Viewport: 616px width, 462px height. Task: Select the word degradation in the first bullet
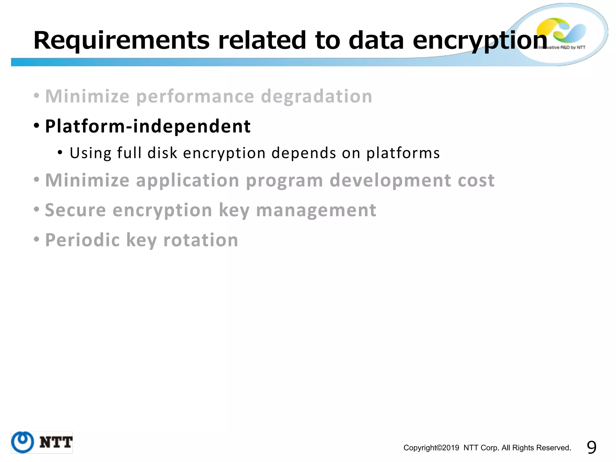[316, 97]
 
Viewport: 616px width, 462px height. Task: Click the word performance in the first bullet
[195, 97]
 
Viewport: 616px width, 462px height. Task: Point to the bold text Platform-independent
[148, 126]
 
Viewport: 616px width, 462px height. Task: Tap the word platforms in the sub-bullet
[403, 153]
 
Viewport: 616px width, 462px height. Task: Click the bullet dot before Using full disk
[60, 152]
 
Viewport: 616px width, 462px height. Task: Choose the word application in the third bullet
[187, 180]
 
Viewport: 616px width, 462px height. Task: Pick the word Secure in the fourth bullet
[75, 210]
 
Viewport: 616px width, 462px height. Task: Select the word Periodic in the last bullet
[82, 240]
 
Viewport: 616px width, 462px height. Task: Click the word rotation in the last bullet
[201, 240]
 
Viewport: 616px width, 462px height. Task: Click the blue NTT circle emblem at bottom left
[23, 442]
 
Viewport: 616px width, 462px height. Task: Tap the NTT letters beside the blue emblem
[56, 442]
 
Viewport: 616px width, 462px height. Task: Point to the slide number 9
[591, 448]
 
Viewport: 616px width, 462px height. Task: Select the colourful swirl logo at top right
[561, 30]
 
